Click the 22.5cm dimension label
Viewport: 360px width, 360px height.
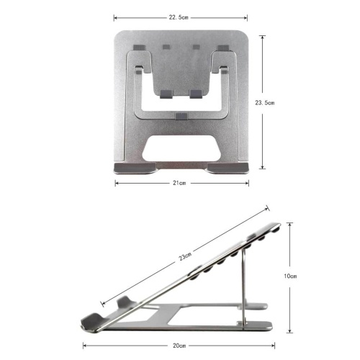point(179,17)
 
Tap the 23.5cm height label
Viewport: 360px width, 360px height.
point(264,103)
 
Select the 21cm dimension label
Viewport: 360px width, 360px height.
point(179,183)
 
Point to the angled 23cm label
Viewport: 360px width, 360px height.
point(185,256)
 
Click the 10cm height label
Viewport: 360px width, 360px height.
point(290,276)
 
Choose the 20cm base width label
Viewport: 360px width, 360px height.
point(179,346)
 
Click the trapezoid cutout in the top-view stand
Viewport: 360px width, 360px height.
point(181,148)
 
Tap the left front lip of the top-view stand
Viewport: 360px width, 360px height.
point(135,168)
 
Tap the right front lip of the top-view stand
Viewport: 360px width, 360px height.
point(228,168)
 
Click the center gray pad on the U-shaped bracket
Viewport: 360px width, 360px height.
point(181,116)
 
